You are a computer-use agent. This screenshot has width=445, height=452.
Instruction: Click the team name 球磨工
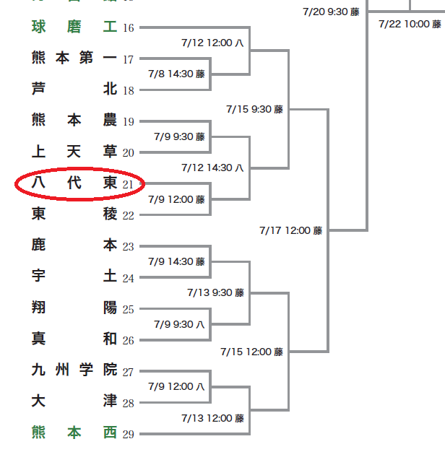[74, 27]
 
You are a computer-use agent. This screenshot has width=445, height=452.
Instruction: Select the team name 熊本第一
[74, 58]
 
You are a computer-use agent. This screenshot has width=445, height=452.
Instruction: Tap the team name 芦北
[74, 90]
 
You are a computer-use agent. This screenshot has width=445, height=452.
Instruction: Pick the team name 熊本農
[74, 121]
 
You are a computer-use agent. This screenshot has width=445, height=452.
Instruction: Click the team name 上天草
[74, 152]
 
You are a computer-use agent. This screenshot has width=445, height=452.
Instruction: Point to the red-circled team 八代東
[74, 183]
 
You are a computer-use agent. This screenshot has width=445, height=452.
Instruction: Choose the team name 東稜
[74, 214]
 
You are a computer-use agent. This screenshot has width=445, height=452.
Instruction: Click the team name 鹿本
[74, 245]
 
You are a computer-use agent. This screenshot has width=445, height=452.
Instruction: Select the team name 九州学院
[74, 370]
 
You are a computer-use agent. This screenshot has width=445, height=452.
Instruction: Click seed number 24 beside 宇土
[129, 278]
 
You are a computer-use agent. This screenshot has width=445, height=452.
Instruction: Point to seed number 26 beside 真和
[129, 341]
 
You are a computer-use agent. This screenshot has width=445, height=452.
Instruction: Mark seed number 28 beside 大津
[129, 403]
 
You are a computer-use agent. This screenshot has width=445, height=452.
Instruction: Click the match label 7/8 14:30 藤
[176, 74]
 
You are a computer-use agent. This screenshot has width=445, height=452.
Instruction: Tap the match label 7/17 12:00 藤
[291, 230]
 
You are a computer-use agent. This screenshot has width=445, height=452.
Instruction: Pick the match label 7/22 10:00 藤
[410, 24]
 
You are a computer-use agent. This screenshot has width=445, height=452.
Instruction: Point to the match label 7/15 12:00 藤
[252, 352]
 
